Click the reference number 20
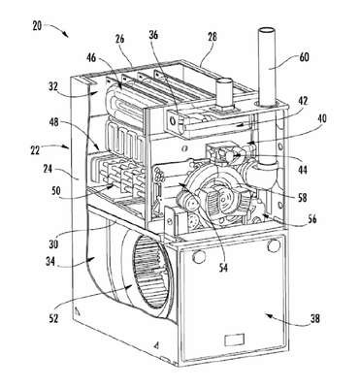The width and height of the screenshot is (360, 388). coord(37,26)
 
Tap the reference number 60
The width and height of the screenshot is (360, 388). coord(304,57)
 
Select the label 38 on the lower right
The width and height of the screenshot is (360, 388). coord(314,318)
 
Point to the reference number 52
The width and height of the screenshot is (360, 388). coord(53,318)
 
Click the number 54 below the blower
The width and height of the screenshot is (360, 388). coord(223,267)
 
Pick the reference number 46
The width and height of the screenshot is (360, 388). coord(91,58)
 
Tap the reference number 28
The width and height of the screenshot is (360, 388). coord(213,37)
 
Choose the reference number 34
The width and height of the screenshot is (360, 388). coord(50,260)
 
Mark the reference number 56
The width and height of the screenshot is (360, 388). coord(311,219)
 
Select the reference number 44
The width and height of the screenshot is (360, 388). coord(303,169)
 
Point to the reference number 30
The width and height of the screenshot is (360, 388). coord(53,244)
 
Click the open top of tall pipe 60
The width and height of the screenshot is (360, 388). coord(267,31)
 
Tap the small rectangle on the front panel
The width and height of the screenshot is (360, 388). coord(233,340)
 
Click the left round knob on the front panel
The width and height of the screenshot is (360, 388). coord(199,257)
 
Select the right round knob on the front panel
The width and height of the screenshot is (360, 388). coord(274,246)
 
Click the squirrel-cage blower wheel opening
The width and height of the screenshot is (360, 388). coord(151,271)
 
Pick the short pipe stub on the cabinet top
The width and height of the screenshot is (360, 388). coord(224,92)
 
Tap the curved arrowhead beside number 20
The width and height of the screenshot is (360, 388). coord(66,35)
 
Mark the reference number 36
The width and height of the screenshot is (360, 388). coord(154,35)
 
